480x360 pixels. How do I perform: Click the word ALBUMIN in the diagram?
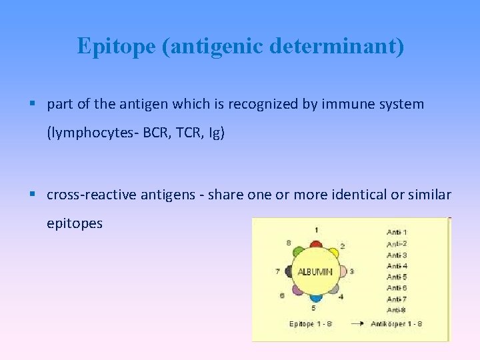pyautogui.click(x=315, y=272)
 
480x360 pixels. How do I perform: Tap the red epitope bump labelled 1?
pyautogui.click(x=315, y=242)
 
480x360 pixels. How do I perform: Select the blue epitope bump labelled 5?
pyautogui.click(x=315, y=298)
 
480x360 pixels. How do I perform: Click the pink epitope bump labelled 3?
pyautogui.click(x=341, y=272)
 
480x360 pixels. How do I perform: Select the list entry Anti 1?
pyautogui.click(x=397, y=232)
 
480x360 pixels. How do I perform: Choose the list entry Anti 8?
pyautogui.click(x=397, y=310)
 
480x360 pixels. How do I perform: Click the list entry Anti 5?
pyautogui.click(x=397, y=277)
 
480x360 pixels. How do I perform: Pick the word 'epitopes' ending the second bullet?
pyautogui.click(x=75, y=223)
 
